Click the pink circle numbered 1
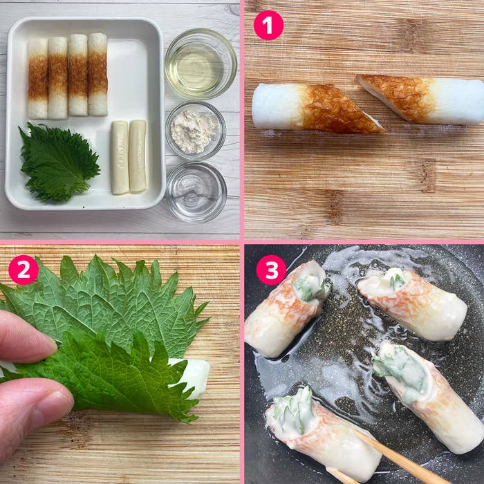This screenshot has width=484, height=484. coord(268,26)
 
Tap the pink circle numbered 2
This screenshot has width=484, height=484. coord(24,270)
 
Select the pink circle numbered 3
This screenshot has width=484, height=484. coord(271,270)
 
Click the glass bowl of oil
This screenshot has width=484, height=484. coord(201,64)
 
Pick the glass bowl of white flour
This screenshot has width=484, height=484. coord(196,131)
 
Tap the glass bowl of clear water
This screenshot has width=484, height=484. coord(196,192)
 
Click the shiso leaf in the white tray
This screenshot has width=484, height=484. coord(59,162)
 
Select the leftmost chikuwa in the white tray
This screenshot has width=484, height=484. coord(38,78)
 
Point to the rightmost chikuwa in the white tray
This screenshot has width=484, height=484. coord(98,74)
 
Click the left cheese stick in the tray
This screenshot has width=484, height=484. coord(120,158)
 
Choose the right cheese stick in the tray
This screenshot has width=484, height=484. coord(138,156)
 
